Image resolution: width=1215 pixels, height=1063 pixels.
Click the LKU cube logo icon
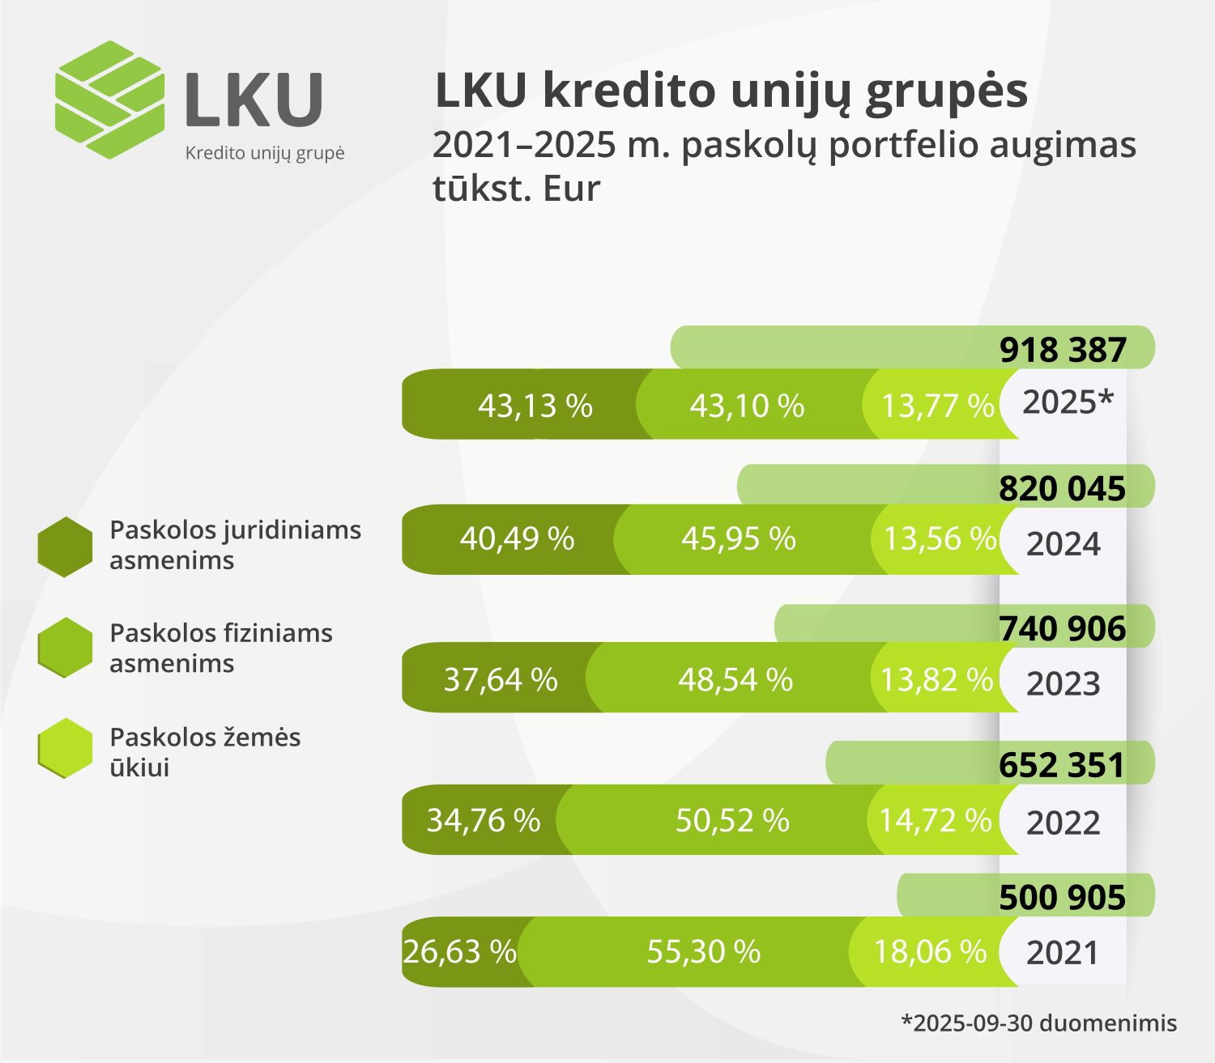click(109, 100)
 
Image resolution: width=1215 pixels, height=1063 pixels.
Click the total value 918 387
click(1062, 350)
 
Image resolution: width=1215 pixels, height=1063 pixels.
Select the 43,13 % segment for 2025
click(535, 405)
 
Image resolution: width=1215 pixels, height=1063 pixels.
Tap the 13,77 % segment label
click(937, 406)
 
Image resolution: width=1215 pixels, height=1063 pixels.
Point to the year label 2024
click(1063, 544)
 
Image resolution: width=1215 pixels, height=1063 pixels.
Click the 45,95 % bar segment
click(738, 539)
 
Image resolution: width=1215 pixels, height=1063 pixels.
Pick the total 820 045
click(1062, 489)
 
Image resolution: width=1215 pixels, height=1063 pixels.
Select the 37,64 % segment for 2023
click(500, 679)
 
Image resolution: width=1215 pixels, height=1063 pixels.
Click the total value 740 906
click(1062, 629)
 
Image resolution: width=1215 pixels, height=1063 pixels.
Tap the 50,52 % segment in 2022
click(732, 820)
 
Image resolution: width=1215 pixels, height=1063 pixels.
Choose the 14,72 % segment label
click(935, 820)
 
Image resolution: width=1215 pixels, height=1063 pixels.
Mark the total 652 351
click(1062, 766)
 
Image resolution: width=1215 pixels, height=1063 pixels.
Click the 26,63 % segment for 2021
click(459, 952)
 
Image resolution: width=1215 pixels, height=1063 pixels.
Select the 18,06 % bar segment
click(930, 952)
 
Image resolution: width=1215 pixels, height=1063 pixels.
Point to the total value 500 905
click(1062, 898)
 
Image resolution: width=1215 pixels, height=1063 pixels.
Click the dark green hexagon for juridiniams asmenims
click(65, 546)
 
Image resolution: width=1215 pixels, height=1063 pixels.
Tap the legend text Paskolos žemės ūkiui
click(205, 752)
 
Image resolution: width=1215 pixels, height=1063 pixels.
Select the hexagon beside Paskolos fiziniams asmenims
click(65, 648)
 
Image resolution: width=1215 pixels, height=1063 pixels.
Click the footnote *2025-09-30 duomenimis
click(1038, 1023)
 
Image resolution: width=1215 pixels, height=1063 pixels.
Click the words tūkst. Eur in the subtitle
click(516, 189)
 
